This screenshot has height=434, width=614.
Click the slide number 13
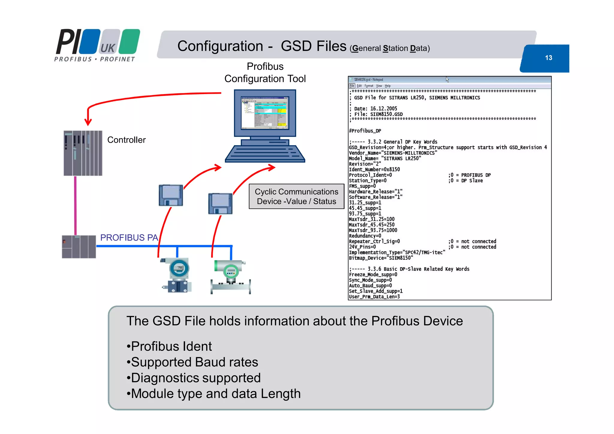[548, 58]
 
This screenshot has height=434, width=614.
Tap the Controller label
[126, 140]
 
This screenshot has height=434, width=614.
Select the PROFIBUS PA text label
[129, 238]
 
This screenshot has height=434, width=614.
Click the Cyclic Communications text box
[296, 196]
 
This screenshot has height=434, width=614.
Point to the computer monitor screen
[264, 113]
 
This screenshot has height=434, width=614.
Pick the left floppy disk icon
[171, 195]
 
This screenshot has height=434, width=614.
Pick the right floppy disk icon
[220, 204]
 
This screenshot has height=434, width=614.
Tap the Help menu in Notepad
[388, 86]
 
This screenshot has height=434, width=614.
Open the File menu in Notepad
[352, 86]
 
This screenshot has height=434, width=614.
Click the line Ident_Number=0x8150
[374, 170]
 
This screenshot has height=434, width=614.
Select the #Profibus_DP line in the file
[365, 131]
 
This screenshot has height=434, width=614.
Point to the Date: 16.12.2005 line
[375, 109]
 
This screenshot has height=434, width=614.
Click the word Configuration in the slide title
[220, 46]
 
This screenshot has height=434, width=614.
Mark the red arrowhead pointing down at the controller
[88, 122]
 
